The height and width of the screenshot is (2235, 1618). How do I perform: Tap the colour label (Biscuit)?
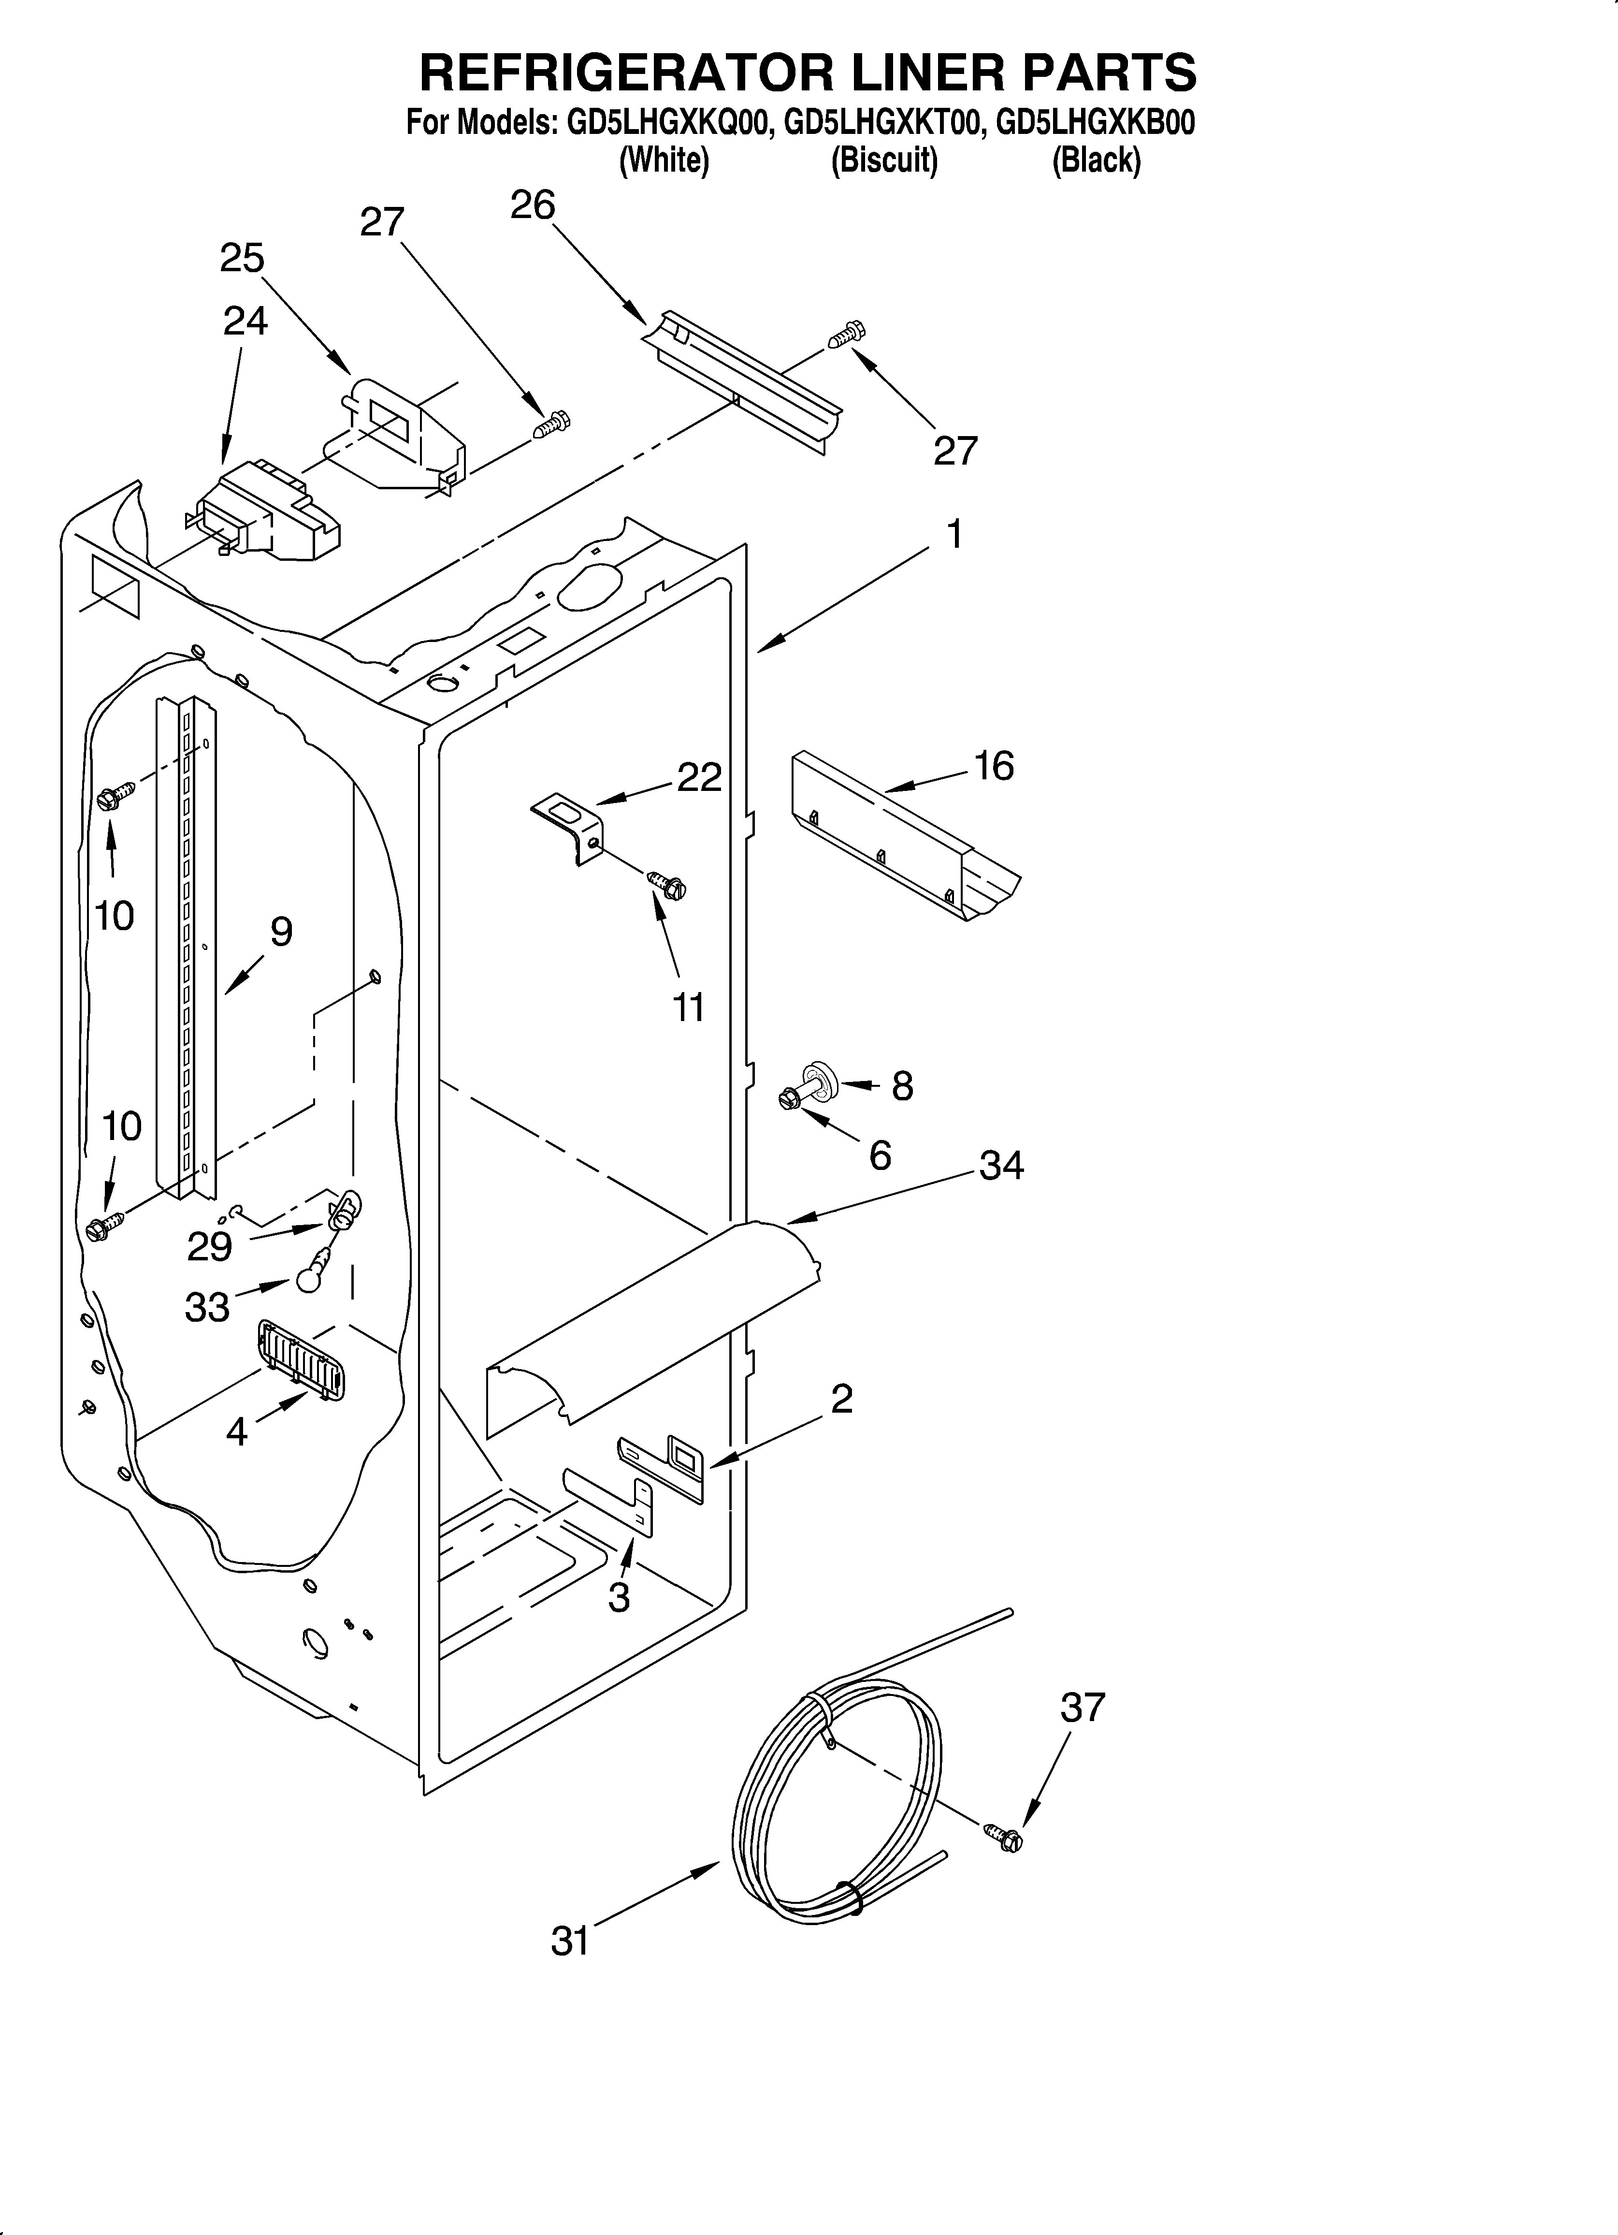(x=884, y=160)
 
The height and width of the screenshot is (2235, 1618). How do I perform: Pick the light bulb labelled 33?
(x=308, y=1277)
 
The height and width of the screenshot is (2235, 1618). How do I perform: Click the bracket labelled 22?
(x=568, y=826)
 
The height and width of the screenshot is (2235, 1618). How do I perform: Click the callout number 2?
(x=840, y=1398)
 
